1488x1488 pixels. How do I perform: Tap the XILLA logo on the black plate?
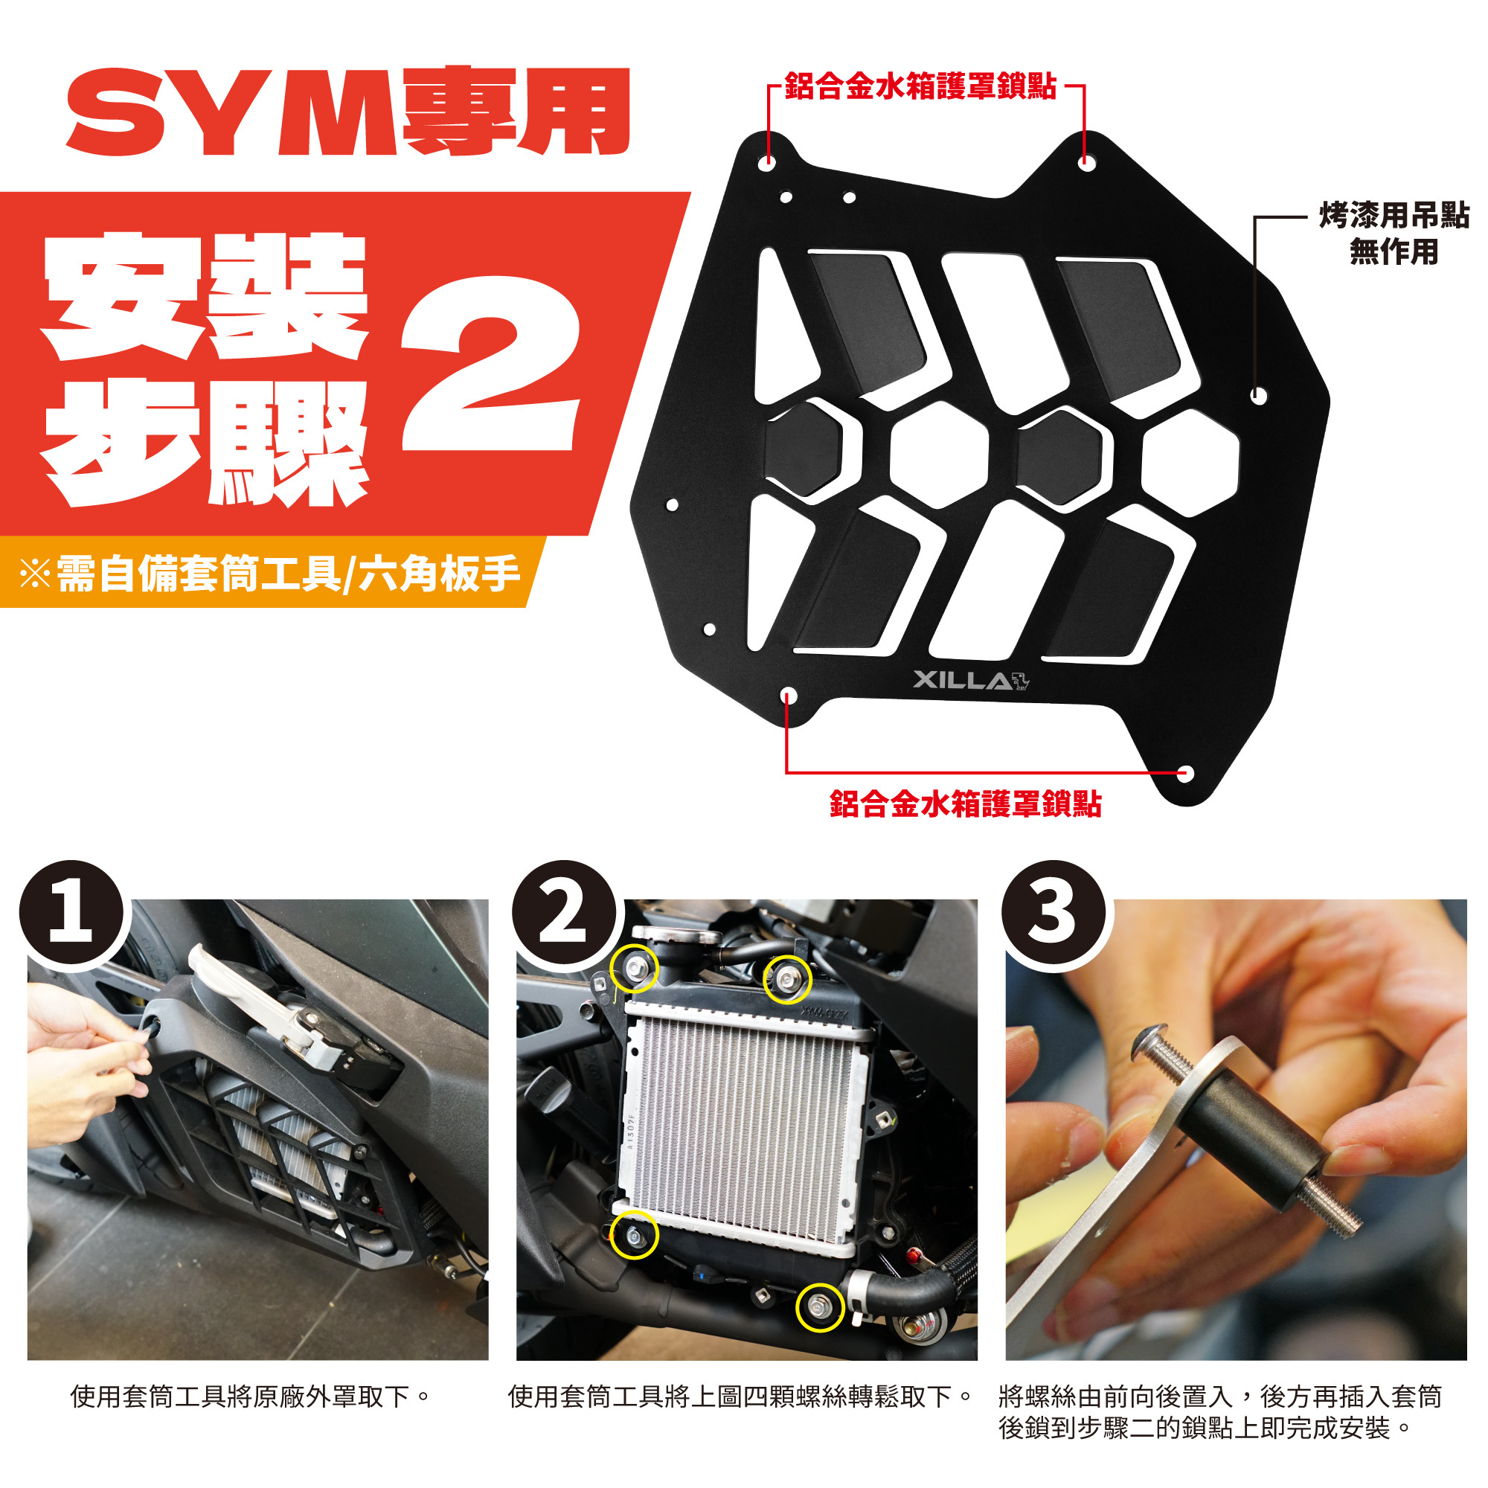971,681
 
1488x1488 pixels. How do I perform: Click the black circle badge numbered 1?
71,914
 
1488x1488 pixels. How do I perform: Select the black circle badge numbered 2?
565,914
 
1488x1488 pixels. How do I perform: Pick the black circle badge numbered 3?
1053,914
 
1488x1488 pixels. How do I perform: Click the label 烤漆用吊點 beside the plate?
1394,217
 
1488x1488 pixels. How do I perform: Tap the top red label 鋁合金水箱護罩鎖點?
920,86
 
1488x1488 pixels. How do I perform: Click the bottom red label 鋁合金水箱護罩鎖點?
965,804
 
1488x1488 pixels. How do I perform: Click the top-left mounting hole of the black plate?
767,162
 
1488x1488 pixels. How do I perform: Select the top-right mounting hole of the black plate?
1086,162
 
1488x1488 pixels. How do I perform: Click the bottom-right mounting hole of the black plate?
1185,772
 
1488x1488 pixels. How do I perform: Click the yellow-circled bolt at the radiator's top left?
634,969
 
